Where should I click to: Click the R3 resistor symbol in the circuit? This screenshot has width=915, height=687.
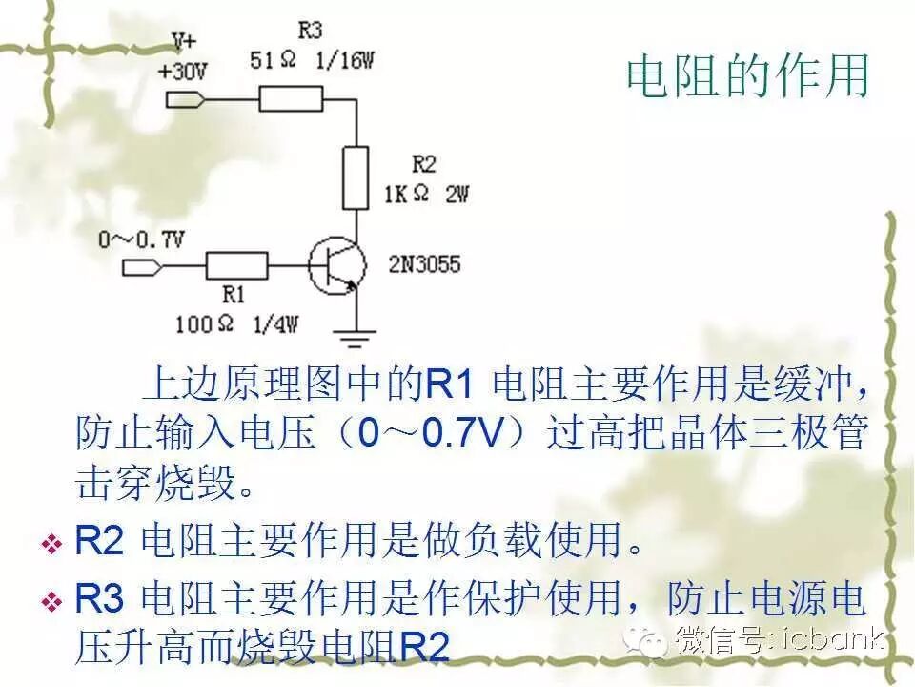290,99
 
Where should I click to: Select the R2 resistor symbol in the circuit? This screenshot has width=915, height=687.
356,178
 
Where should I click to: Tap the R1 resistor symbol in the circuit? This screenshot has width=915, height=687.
237,265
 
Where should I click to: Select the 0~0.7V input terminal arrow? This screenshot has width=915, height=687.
142,265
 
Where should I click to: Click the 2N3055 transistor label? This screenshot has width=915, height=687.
424,263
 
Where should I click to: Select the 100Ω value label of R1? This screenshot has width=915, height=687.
204,323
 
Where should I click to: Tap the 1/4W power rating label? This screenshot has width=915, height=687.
275,323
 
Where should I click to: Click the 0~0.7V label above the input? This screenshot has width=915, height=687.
140,239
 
